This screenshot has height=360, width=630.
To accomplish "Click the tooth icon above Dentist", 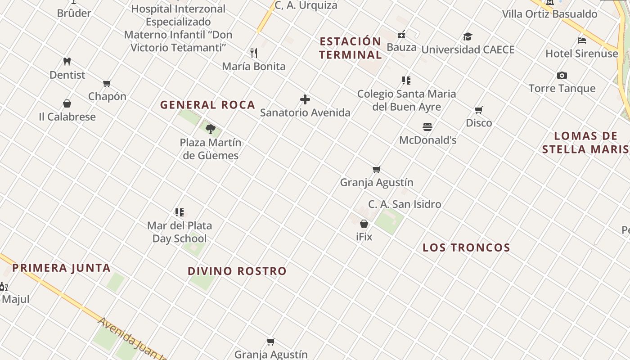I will (x=67, y=61).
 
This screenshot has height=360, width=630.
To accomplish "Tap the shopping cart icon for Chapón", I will (x=107, y=83).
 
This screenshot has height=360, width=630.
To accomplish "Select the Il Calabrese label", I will (x=67, y=117).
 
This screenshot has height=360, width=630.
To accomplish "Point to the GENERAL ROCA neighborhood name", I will (x=207, y=105).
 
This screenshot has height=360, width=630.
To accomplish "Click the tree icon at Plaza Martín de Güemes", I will (x=210, y=129).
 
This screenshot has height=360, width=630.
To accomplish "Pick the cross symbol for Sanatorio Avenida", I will (x=305, y=99).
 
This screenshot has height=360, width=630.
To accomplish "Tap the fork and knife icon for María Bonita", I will (x=254, y=53).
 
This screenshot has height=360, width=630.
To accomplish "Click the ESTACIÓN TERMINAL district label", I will (x=351, y=48).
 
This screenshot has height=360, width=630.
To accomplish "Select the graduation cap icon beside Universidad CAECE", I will (x=468, y=36).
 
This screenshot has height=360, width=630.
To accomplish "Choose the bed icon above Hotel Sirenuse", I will (x=582, y=40).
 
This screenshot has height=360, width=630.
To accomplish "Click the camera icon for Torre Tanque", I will (x=562, y=75).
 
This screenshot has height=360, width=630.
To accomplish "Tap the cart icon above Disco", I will (x=479, y=110).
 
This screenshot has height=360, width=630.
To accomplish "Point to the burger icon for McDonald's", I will (x=427, y=127).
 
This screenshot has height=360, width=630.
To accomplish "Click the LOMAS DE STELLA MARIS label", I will (x=585, y=143).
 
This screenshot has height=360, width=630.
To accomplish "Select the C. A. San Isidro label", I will (x=405, y=204).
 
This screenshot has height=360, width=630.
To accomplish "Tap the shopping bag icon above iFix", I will (x=364, y=224).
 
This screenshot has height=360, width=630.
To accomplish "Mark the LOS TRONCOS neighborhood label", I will (x=467, y=247).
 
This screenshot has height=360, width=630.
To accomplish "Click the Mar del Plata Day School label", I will (x=180, y=232).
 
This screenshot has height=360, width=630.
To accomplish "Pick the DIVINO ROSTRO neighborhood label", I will (x=237, y=271).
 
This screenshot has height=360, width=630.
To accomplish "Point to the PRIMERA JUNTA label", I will (x=61, y=268).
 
